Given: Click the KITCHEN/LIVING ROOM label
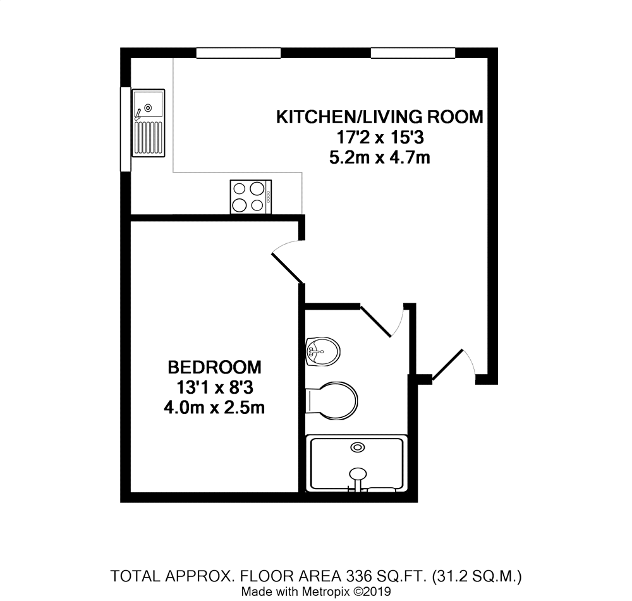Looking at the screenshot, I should coord(379,117).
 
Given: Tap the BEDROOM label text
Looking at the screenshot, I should coord(214,367).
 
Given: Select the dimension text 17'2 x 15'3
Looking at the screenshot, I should coord(379,137).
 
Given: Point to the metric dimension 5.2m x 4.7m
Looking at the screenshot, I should coord(379,157).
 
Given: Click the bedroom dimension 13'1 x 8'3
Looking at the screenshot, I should coord(214,387).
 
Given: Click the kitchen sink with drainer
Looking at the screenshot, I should coord(148,122).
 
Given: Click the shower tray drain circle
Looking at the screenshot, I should coord(358,447).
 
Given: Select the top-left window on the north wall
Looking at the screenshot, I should coord(238,53).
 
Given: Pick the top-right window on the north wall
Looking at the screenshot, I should coord(413,53).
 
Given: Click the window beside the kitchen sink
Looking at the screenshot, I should coord(125,128).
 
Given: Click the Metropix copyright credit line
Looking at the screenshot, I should coord(316,592).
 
